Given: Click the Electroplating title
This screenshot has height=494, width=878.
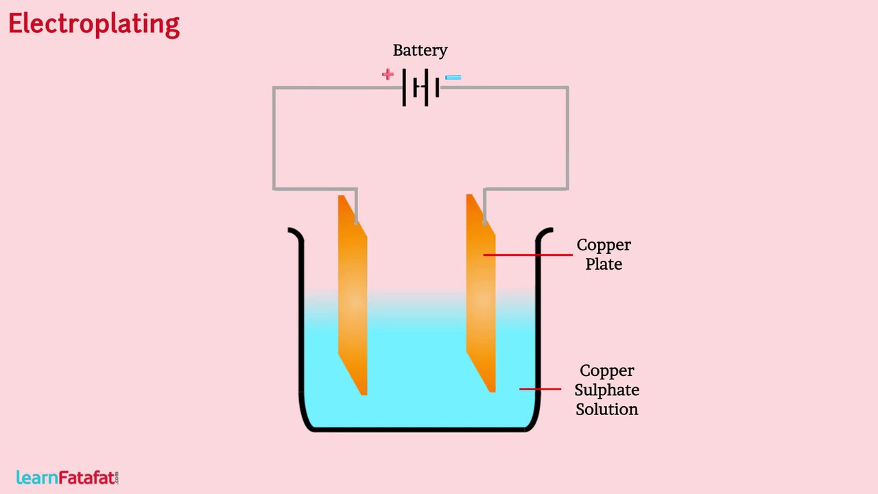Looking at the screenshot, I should [x=94, y=24].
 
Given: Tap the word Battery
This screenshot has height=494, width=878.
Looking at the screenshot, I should [x=420, y=51].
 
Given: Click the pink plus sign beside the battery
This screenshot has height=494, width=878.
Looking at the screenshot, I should [x=388, y=74].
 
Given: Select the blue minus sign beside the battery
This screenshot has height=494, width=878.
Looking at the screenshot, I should [x=453, y=78].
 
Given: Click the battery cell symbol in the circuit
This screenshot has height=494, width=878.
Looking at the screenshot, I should [x=421, y=87].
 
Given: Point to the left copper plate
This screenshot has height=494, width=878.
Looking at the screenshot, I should [x=353, y=295].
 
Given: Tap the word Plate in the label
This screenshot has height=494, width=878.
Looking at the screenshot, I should [x=604, y=264].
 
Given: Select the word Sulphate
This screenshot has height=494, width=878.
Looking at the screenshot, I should [x=606, y=390].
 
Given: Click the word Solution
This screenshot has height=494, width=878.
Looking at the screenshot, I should [x=606, y=409].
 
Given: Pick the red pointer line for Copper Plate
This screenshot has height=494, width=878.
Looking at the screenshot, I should [x=527, y=255].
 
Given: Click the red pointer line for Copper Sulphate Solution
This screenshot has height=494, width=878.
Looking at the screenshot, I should [x=540, y=389].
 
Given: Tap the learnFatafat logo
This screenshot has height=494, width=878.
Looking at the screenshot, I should [x=67, y=478].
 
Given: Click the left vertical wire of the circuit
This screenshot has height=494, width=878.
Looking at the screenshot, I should [x=274, y=137].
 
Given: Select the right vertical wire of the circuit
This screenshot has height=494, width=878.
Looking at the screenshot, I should [x=568, y=137].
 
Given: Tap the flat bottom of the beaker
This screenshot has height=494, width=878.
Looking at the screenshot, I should [x=418, y=430].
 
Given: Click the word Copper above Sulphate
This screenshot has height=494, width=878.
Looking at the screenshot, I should [x=606, y=370].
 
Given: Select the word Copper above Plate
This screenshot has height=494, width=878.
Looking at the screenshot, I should [x=604, y=245].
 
